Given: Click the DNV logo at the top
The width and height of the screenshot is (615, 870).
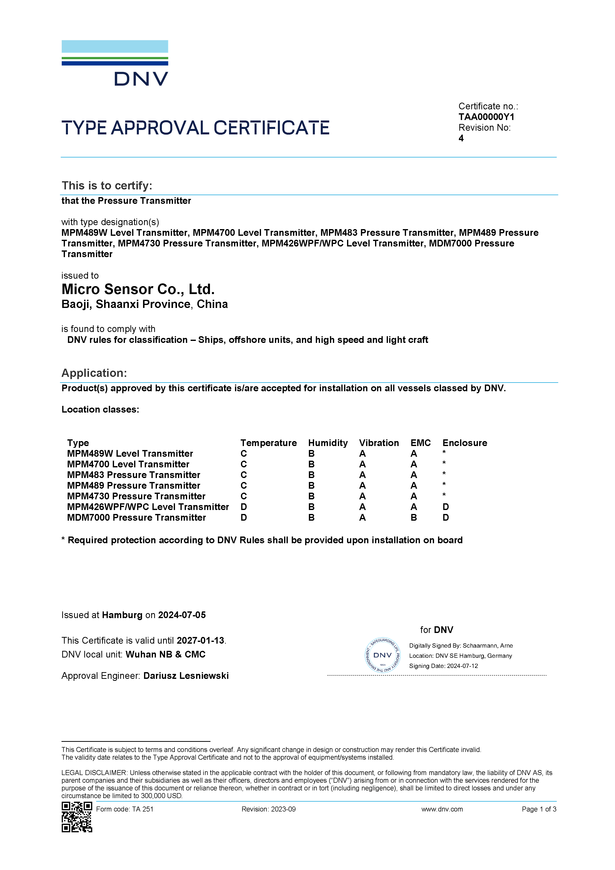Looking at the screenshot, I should click(x=115, y=63).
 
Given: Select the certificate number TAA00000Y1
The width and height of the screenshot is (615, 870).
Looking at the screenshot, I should click(x=486, y=117).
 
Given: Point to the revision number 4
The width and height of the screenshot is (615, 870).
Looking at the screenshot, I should click(x=461, y=138).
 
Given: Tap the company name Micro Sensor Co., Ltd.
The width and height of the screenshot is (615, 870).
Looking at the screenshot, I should click(x=138, y=289).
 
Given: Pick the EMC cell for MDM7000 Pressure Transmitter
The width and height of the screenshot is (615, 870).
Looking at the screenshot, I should click(x=414, y=518).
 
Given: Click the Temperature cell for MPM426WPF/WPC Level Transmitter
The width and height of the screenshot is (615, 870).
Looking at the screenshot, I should click(x=244, y=507).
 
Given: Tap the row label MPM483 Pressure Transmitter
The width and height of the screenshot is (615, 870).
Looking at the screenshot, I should click(x=133, y=475).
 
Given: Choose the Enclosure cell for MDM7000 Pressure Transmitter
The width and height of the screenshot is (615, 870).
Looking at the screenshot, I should click(x=446, y=518).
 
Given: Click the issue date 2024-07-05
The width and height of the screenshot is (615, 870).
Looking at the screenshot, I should click(x=182, y=615).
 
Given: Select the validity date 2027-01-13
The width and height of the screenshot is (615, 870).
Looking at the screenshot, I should click(x=201, y=640).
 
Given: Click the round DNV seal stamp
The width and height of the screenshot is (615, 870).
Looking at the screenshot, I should click(x=382, y=655).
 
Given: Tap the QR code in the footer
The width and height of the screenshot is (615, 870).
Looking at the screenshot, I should click(x=77, y=817).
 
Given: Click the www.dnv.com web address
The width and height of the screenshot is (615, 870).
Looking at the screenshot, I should click(x=442, y=809).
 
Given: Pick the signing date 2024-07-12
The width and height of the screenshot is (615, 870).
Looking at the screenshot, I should click(x=462, y=666).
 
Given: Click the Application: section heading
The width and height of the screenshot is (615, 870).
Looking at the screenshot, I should click(x=94, y=373).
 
